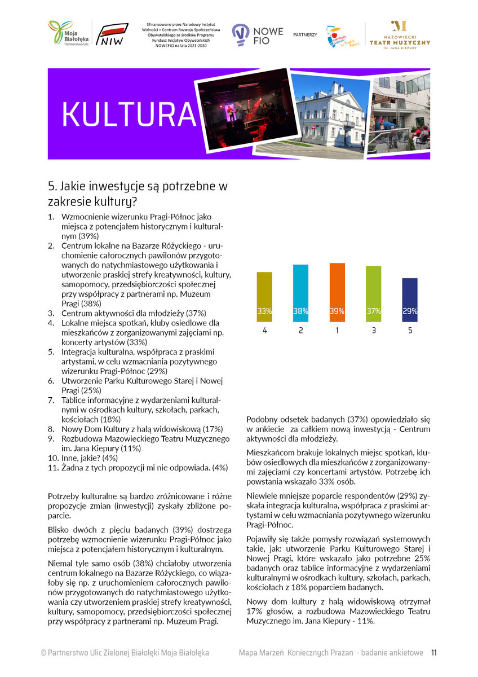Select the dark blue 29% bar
click(410, 300)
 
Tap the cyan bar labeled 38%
click(300, 293)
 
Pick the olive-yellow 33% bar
click(264, 297)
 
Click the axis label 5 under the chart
click(410, 330)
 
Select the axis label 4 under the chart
click(264, 330)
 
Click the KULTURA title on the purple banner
click(129, 115)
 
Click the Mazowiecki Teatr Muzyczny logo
click(400, 36)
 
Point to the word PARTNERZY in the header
click(305, 35)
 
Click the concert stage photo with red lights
click(246, 110)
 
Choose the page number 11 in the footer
click(434, 653)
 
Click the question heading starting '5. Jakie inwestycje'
click(138, 194)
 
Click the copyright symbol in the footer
click(43, 653)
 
